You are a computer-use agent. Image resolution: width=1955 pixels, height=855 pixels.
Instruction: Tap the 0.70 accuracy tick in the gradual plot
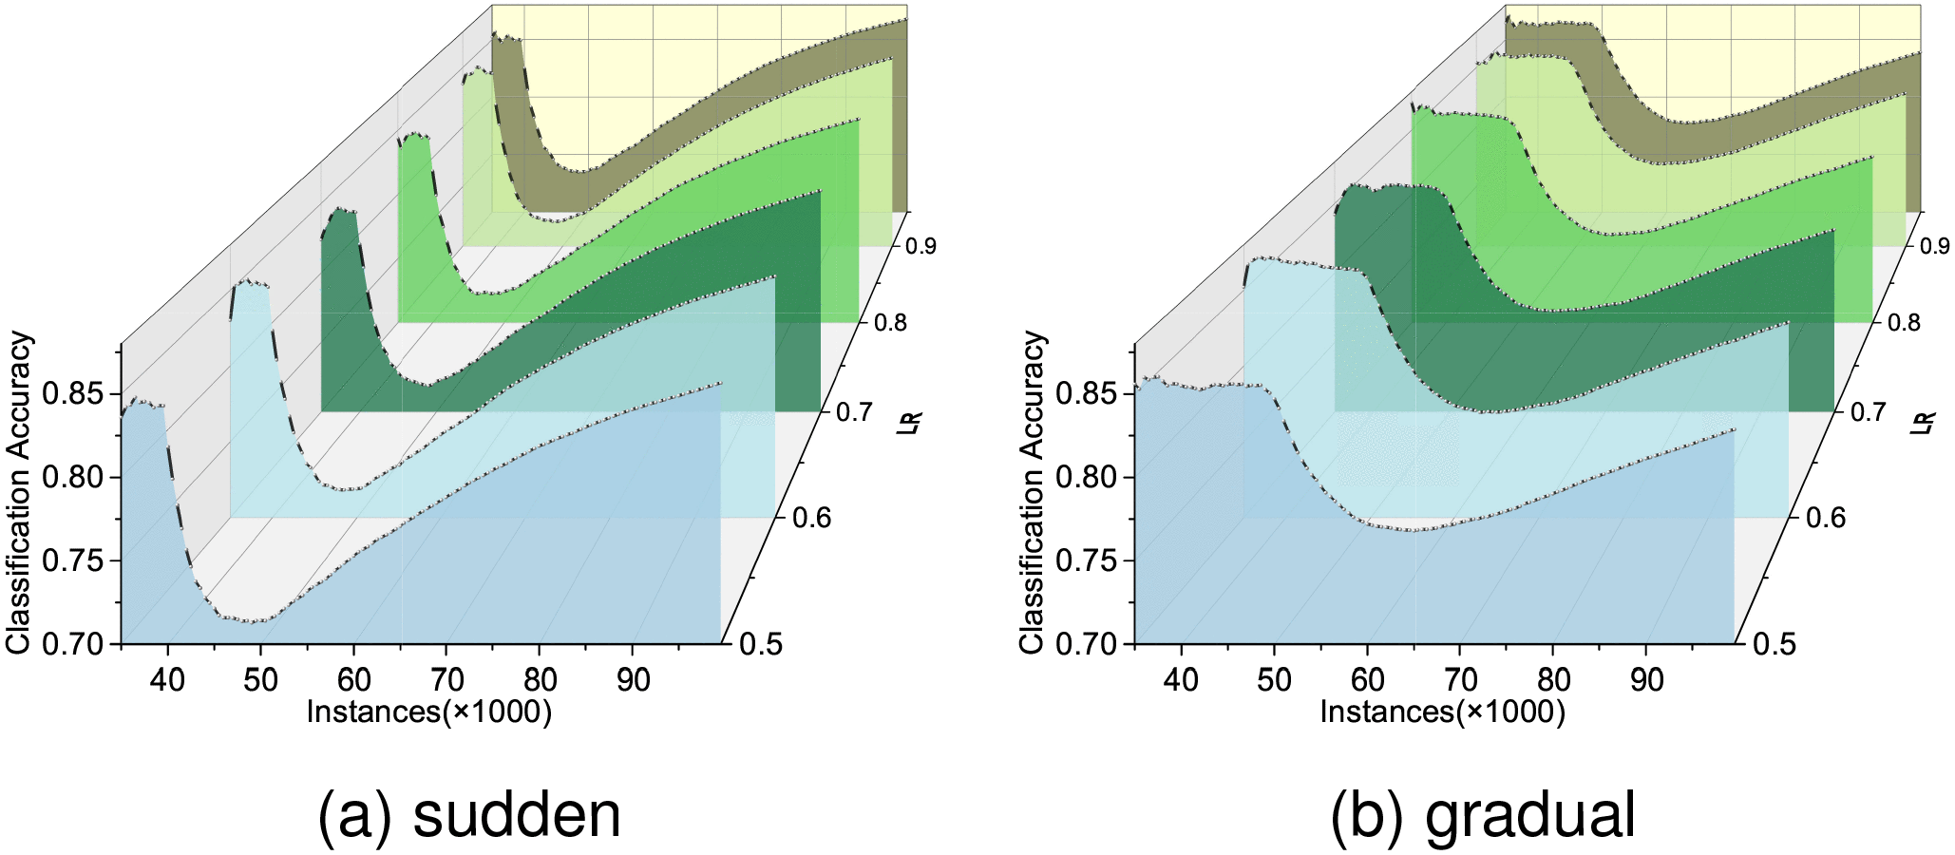[x=1091, y=643]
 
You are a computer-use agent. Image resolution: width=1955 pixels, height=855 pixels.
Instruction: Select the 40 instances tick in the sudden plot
[x=168, y=680]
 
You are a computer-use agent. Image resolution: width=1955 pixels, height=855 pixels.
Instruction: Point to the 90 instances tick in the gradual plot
[x=1647, y=680]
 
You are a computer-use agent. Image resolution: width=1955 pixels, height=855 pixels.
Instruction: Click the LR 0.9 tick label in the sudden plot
[x=921, y=246]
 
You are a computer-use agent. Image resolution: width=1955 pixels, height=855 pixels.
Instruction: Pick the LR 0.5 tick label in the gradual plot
[x=1773, y=644]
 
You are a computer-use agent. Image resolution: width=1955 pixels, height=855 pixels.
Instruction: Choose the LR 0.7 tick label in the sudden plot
[x=853, y=412]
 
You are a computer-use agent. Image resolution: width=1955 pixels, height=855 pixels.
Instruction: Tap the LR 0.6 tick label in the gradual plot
[x=1823, y=518]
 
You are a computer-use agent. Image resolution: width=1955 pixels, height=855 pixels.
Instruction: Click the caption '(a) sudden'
[x=469, y=815]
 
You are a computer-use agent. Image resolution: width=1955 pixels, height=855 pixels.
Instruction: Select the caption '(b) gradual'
[x=1483, y=815]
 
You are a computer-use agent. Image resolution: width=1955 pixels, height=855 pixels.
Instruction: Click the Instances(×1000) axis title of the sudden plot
[x=429, y=712]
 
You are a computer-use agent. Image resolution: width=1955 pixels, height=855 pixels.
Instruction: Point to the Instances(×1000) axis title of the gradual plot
[x=1443, y=712]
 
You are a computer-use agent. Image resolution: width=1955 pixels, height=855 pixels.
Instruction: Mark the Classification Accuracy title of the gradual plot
[x=1033, y=493]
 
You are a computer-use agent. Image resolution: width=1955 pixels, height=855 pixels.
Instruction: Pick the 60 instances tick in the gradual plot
[x=1368, y=680]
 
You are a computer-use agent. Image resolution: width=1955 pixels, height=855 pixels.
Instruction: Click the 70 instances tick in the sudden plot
[x=447, y=680]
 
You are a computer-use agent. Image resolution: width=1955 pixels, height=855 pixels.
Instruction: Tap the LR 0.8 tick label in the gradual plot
[x=1900, y=323]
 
